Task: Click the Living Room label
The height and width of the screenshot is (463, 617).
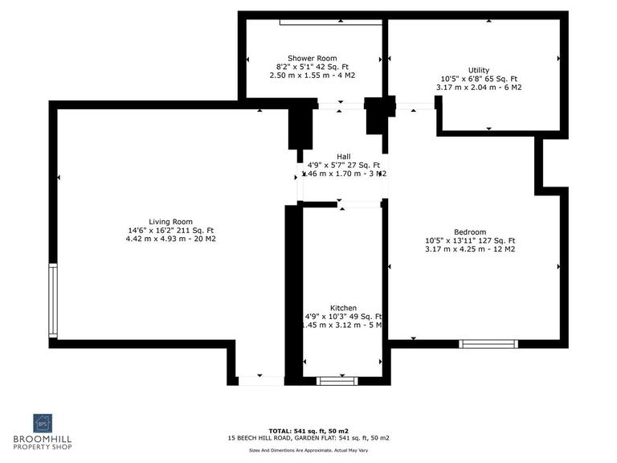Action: [171, 221]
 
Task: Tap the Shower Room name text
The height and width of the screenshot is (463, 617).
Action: [313, 58]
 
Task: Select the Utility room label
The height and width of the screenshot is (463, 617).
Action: [479, 70]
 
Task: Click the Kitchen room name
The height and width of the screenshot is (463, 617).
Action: [343, 308]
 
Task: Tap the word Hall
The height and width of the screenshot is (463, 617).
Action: [344, 156]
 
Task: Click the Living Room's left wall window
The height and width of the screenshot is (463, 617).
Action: [53, 301]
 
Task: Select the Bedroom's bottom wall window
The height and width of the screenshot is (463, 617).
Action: [488, 343]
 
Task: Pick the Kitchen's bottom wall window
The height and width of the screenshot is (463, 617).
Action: [338, 380]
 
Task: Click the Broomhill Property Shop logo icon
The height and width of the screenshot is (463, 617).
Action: [43, 423]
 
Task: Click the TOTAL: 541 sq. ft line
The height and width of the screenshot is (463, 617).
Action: [309, 430]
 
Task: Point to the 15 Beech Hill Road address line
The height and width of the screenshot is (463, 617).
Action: [309, 439]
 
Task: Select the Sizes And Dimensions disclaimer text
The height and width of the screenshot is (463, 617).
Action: [309, 451]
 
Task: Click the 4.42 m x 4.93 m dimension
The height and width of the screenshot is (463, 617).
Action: [171, 239]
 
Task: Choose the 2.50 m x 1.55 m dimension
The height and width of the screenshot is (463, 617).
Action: [313, 76]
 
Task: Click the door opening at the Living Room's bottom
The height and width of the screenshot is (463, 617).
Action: [260, 379]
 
